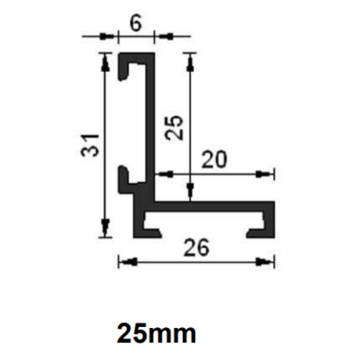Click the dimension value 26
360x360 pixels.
[x=197, y=249]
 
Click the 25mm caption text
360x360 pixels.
[x=157, y=333]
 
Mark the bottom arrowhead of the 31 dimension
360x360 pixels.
[x=104, y=231]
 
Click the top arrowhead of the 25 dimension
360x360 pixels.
[x=189, y=57]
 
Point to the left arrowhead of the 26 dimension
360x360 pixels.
[x=124, y=261]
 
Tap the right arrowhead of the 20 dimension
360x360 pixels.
[x=268, y=173]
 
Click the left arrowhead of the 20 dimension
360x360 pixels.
[x=161, y=173]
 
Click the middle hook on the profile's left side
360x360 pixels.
[x=126, y=178]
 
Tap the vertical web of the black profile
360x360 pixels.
[x=149, y=125]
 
